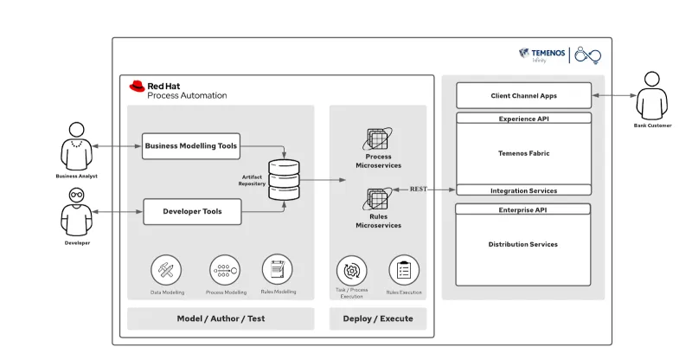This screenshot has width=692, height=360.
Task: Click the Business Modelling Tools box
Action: pyautogui.click(x=190, y=145)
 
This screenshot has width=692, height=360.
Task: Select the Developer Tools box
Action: pyautogui.click(x=192, y=211)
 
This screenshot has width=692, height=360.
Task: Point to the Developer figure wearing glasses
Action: pyautogui.click(x=77, y=210)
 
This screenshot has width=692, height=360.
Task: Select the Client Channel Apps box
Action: pyautogui.click(x=523, y=95)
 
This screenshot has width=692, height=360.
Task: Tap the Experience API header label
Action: pyautogui.click(x=523, y=119)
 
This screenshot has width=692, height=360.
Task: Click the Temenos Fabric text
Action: pyautogui.click(x=523, y=153)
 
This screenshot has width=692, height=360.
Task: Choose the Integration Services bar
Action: pyautogui.click(x=523, y=190)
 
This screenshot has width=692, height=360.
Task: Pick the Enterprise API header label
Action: pyautogui.click(x=523, y=209)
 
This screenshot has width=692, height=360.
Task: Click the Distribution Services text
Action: pyautogui.click(x=523, y=244)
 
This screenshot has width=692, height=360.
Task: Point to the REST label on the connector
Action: pyautogui.click(x=419, y=189)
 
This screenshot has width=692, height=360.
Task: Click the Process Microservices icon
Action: pyautogui.click(x=378, y=139)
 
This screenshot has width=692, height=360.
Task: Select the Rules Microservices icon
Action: pyautogui.click(x=378, y=200)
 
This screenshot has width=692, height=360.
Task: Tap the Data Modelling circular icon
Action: pyautogui.click(x=166, y=270)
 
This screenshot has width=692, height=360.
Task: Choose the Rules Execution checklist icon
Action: pyautogui.click(x=404, y=270)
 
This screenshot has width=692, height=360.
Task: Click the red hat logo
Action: pyautogui.click(x=137, y=86)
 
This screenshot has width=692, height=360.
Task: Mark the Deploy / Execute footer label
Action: pyautogui.click(x=378, y=318)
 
